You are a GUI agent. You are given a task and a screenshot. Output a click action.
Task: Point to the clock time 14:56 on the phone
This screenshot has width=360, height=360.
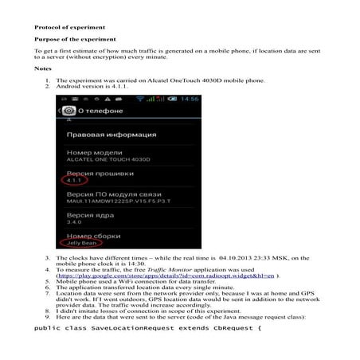(189, 99)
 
